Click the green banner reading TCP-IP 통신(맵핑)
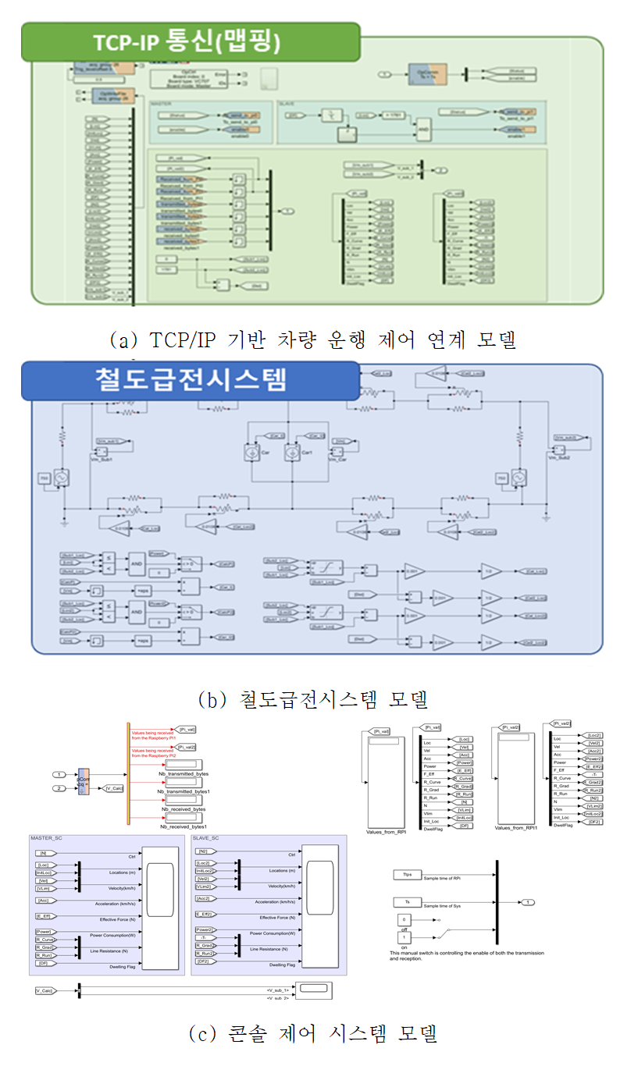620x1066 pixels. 190,41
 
